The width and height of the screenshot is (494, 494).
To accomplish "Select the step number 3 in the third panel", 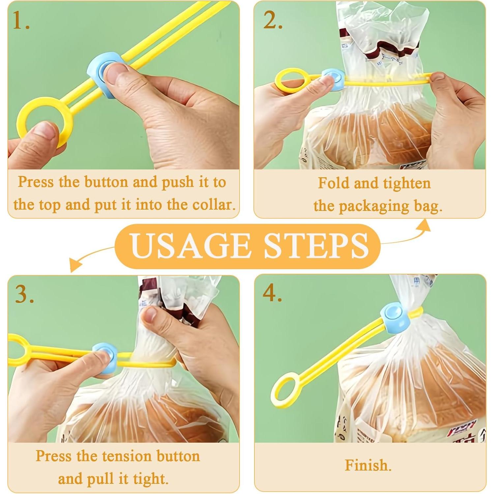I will [x=24, y=294].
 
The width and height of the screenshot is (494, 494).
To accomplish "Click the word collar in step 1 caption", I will [x=214, y=205].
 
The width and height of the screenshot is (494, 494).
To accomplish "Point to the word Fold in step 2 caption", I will [x=334, y=183].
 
